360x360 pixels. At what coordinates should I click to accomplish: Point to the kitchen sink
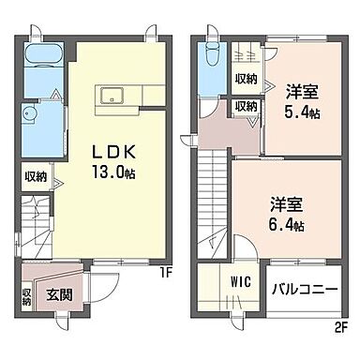[x=110, y=93]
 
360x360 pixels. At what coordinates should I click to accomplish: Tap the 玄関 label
[x=60, y=296]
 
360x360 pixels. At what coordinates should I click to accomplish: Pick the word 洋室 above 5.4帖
[x=300, y=91]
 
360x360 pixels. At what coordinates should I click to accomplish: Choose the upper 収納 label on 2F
[x=247, y=78]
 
